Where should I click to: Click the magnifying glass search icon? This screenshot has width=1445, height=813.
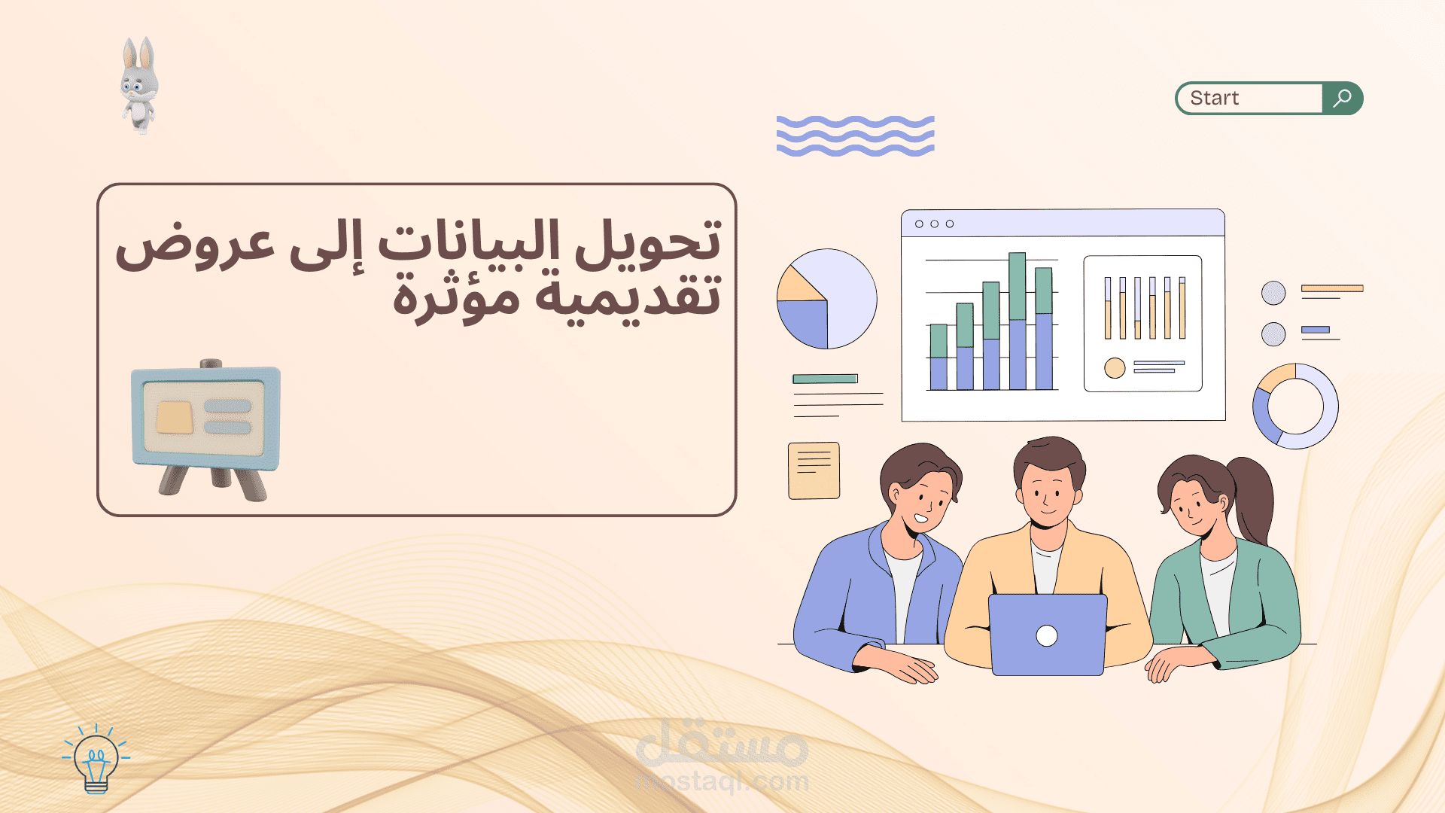point(1342,98)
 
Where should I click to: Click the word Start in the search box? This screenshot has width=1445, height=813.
point(1214,98)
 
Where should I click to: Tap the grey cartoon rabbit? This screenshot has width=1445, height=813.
point(139,85)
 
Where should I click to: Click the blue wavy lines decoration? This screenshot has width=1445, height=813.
point(855,135)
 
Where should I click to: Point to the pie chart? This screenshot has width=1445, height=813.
point(826,299)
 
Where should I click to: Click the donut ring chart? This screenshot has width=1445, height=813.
point(1294,406)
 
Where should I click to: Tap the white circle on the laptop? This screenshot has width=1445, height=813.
point(1046,636)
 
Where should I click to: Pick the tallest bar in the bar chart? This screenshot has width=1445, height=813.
point(1017,321)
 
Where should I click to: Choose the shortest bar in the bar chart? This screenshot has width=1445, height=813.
point(938,357)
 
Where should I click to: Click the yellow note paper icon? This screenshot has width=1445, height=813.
point(814,470)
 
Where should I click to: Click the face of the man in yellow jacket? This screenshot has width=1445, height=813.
point(1048,494)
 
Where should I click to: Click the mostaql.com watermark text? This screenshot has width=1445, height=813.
point(722,781)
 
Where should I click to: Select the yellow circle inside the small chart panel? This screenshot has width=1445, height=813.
point(1115,368)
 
